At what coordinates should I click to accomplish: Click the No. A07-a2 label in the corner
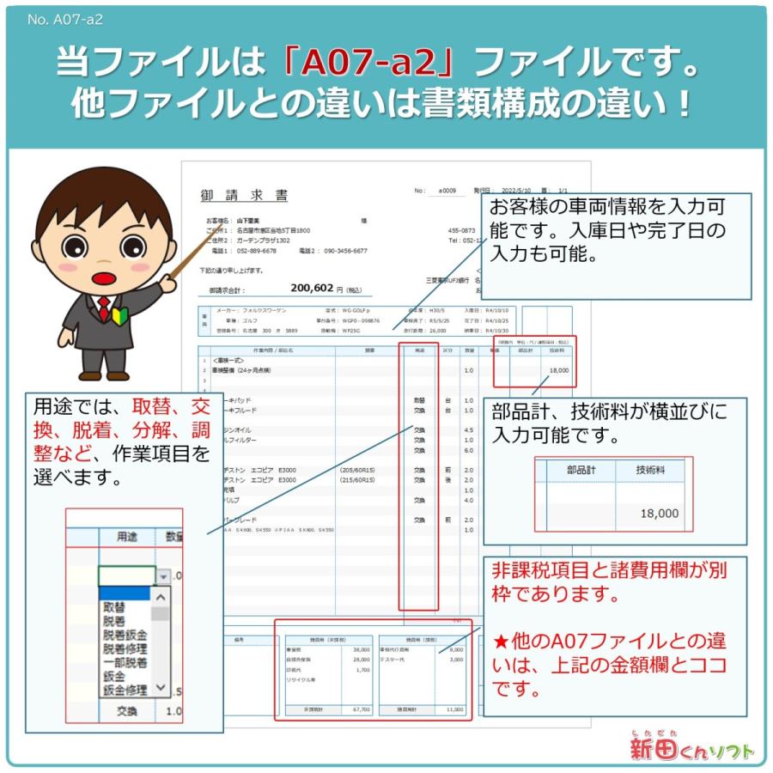click(64, 20)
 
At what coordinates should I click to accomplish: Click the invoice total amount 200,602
click(312, 289)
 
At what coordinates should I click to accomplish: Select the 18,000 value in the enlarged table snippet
click(659, 514)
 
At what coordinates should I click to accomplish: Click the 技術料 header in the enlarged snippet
click(649, 470)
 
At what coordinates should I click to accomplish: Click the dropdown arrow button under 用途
click(161, 575)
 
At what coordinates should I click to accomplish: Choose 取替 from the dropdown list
click(114, 607)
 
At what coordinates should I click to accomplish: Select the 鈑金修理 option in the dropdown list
click(125, 690)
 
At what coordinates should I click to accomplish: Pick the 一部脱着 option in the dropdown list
click(125, 662)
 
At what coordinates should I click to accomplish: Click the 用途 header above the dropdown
click(127, 537)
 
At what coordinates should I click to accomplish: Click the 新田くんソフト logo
click(691, 747)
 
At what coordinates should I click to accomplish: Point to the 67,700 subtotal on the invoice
click(361, 709)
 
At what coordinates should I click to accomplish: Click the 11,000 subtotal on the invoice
click(454, 709)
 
